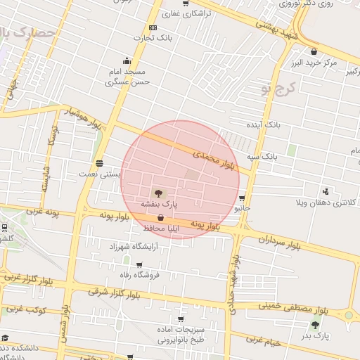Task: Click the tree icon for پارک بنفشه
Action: pos(158,193)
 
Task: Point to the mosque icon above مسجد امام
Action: pos(126,60)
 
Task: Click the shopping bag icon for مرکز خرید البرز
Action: pos(314,51)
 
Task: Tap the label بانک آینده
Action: pos(263,124)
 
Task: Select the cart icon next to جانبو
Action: pos(243,198)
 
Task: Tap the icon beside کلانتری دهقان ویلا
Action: pos(326,191)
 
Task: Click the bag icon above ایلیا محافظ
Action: pos(162,218)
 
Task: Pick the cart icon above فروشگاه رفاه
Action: pos(139,265)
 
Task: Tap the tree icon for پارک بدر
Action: pos(315,324)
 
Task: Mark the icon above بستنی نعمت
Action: pos(99,161)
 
